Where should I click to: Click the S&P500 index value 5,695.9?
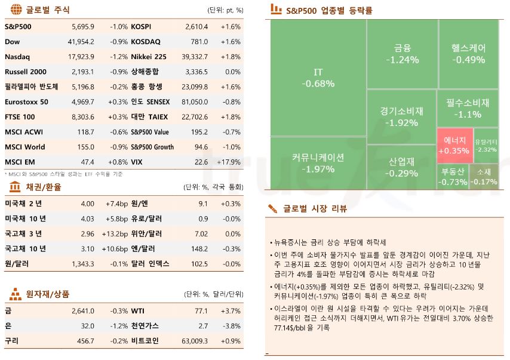pyautogui.click(x=82, y=27)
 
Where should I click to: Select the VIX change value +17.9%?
pyautogui.click(x=230, y=162)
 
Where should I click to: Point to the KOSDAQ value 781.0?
pyautogui.click(x=199, y=42)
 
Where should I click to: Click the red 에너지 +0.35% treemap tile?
pyautogui.click(x=453, y=146)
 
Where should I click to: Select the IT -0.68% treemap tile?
pyautogui.click(x=318, y=78)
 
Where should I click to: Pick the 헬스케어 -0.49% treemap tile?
pyautogui.click(x=468, y=54)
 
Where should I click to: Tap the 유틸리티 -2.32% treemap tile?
pyautogui.click(x=486, y=146)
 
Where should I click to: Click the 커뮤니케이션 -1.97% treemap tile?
pyautogui.click(x=318, y=163)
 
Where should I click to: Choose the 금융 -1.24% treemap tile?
pyautogui.click(x=401, y=54)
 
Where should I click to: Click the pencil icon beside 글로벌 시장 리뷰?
pyautogui.click(x=273, y=208)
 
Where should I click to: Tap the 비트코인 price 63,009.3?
pyautogui.click(x=193, y=341)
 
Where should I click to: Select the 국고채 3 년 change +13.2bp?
pyautogui.click(x=112, y=234)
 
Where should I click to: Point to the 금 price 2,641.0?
pyautogui.click(x=82, y=311)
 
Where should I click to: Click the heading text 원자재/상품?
pyautogui.click(x=48, y=294)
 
